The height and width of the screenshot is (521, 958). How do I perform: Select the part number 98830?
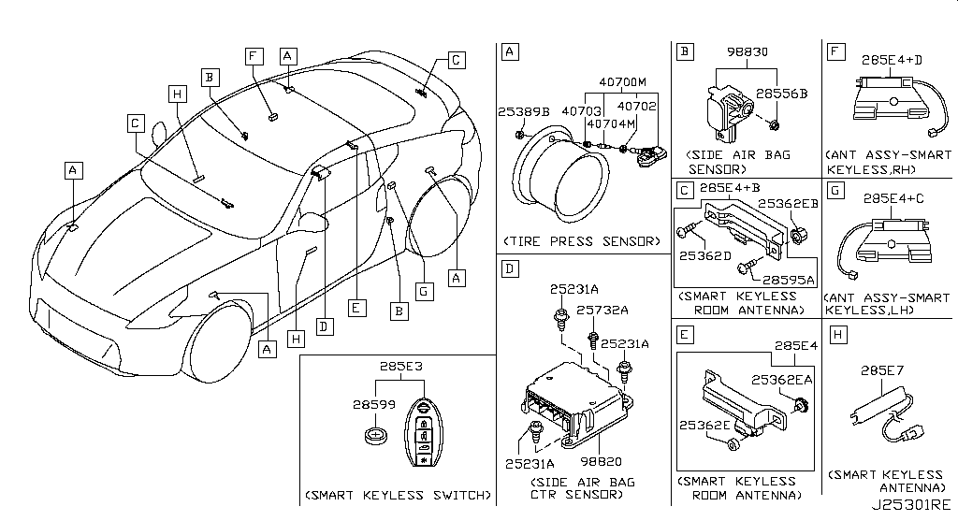746,52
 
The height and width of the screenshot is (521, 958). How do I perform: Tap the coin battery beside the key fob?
378,436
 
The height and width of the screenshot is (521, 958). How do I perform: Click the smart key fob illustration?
425,436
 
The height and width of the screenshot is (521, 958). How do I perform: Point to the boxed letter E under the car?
355,306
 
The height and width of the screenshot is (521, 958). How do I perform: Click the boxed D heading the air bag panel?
509,269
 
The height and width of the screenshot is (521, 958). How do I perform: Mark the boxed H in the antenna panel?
837,334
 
